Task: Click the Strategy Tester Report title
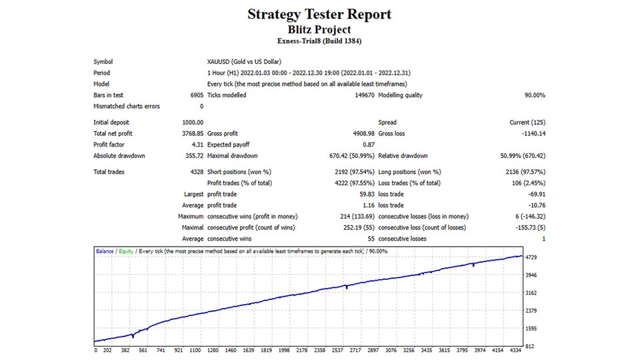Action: pyautogui.click(x=319, y=14)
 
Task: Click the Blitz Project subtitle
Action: pyautogui.click(x=319, y=29)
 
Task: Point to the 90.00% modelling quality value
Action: pyautogui.click(x=535, y=95)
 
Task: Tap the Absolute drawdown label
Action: pyautogui.click(x=119, y=156)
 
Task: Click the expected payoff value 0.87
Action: pyautogui.click(x=367, y=145)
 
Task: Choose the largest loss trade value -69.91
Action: pyautogui.click(x=535, y=194)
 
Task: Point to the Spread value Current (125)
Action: pyautogui.click(x=527, y=123)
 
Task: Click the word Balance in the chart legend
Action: pyautogui.click(x=105, y=251)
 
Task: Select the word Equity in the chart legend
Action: pyautogui.click(x=126, y=251)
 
